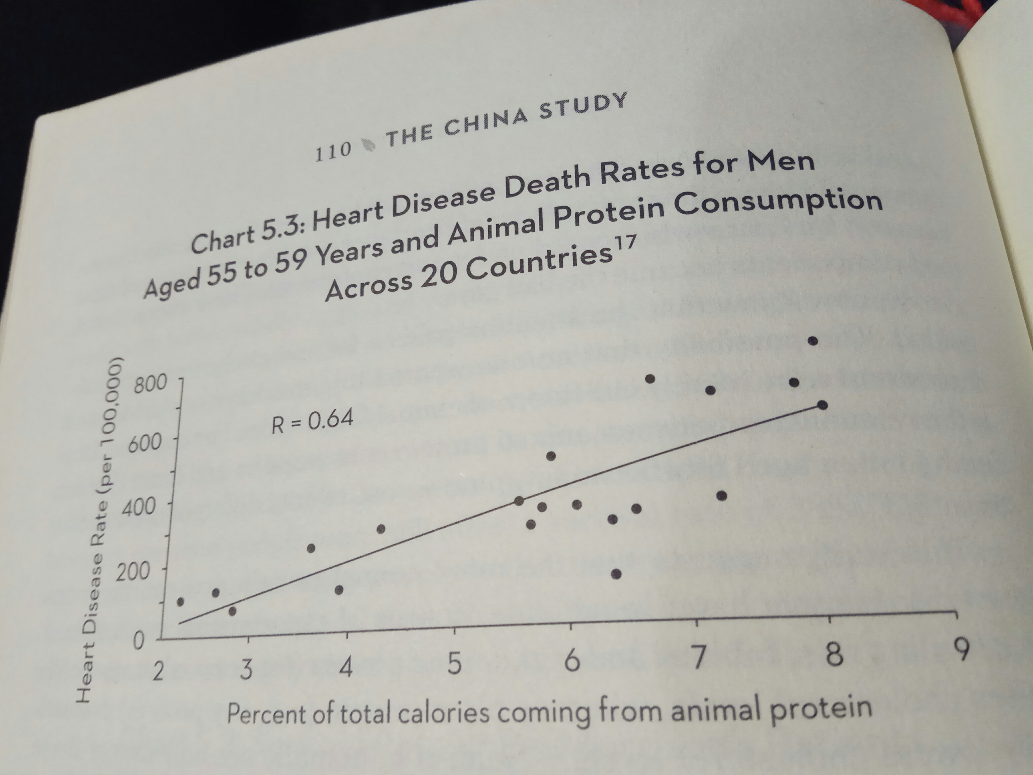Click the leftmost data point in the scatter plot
tap(181, 602)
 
